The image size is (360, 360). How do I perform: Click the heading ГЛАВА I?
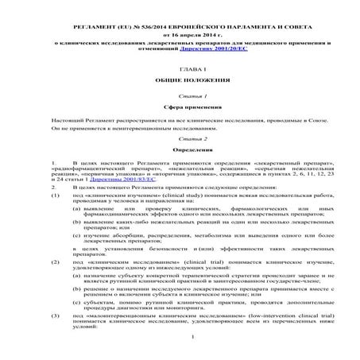[180, 71]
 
